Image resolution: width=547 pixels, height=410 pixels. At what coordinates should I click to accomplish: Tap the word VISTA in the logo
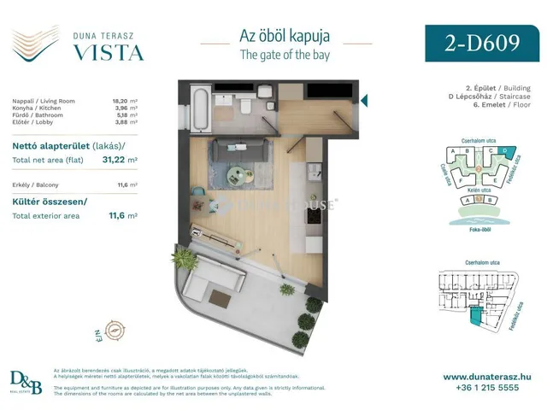[107, 53]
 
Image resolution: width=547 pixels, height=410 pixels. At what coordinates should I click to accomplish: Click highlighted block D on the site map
[503, 152]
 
